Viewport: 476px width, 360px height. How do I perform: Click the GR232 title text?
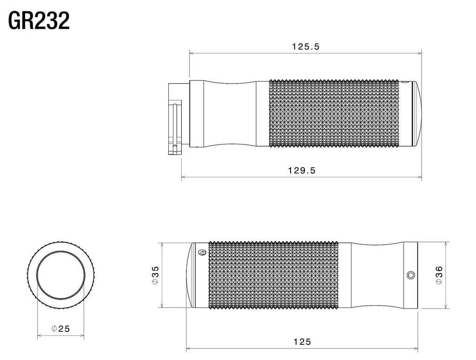pos(39,20)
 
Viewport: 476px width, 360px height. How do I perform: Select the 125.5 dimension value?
pos(306,46)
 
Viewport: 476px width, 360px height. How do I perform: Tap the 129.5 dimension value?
pos(302,170)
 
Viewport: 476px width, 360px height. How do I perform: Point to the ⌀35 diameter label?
pos(155,275)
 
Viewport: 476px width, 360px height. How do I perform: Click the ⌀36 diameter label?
pos(439,275)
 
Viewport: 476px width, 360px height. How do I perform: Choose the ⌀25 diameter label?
pos(61,328)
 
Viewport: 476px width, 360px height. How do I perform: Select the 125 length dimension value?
pos(302,342)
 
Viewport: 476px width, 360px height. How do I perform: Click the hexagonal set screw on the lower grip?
pos(410,275)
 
